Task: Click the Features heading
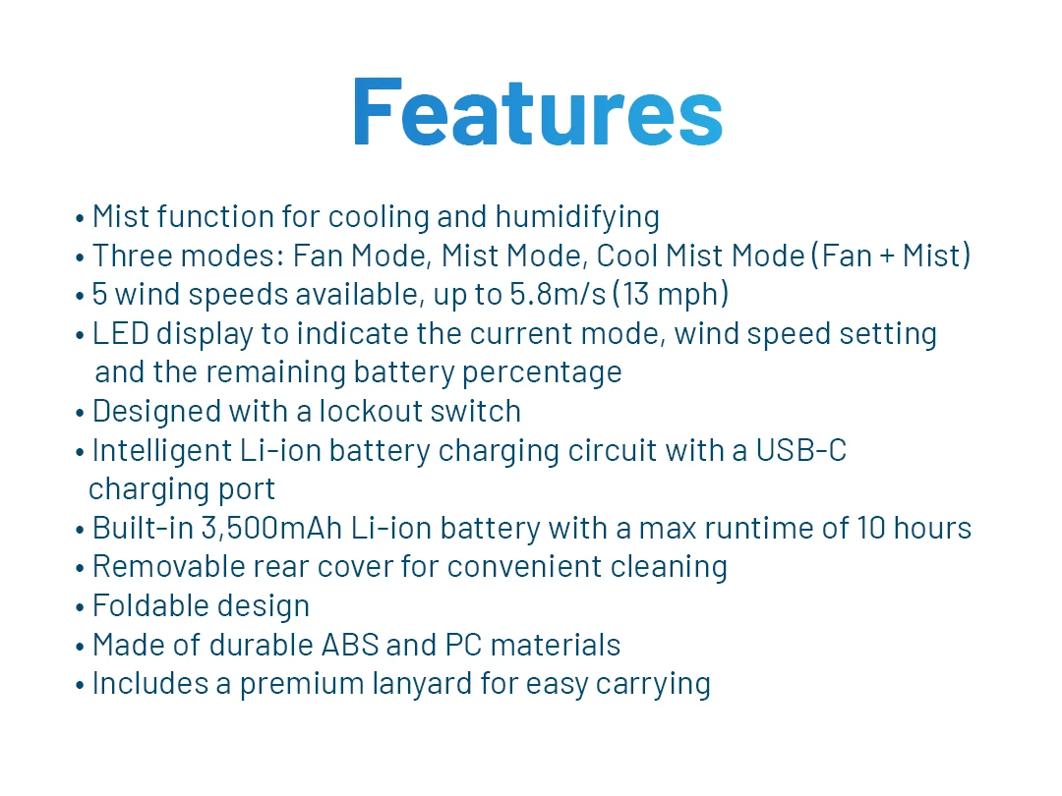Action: [538, 112]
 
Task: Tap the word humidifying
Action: [577, 218]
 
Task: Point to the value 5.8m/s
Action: [558, 295]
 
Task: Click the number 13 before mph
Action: [635, 295]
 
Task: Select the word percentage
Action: [541, 373]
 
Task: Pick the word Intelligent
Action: [162, 451]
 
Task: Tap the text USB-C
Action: [801, 451]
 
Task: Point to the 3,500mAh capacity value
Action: [271, 529]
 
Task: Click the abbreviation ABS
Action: [350, 645]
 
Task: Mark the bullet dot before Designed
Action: [80, 413]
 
